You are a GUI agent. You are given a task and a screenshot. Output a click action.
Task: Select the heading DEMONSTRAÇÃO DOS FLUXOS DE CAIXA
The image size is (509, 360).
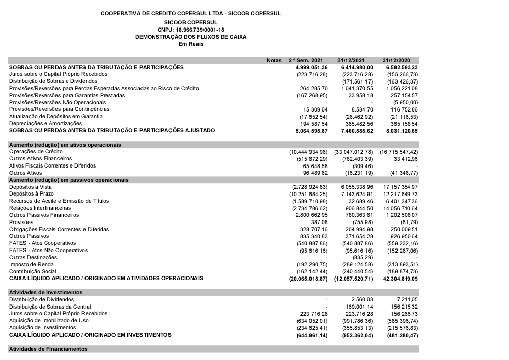pos(191,37)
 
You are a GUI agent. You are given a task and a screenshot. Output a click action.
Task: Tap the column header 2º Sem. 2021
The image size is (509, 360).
pos(306,60)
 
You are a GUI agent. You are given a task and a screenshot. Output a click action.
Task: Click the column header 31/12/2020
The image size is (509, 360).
pos(400,60)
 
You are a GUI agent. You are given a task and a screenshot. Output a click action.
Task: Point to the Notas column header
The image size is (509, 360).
pos(274,60)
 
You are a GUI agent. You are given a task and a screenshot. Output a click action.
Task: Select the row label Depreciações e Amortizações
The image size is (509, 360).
pos(45,123)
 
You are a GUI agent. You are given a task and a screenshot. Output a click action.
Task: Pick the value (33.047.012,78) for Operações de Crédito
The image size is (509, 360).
pos(354,152)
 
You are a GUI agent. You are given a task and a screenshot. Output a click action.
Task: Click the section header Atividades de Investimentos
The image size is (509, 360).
pos(46,292)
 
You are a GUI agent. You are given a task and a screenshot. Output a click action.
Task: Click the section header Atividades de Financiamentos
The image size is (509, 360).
pos(48,349)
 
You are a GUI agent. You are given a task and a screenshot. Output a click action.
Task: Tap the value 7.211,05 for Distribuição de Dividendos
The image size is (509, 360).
pos(405,299)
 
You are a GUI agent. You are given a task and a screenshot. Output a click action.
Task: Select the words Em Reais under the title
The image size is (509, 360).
pos(191,44)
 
